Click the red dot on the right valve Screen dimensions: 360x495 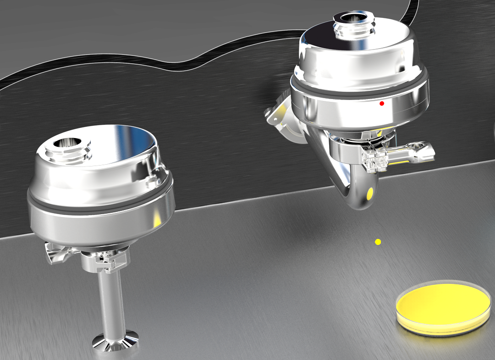(382, 104)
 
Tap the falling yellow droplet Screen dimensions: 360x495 (378, 242)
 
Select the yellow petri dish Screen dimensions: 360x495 (443, 305)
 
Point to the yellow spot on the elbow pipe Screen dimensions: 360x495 (369, 194)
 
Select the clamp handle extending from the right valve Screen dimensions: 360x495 (412, 152)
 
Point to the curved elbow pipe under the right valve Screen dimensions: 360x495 (348, 183)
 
